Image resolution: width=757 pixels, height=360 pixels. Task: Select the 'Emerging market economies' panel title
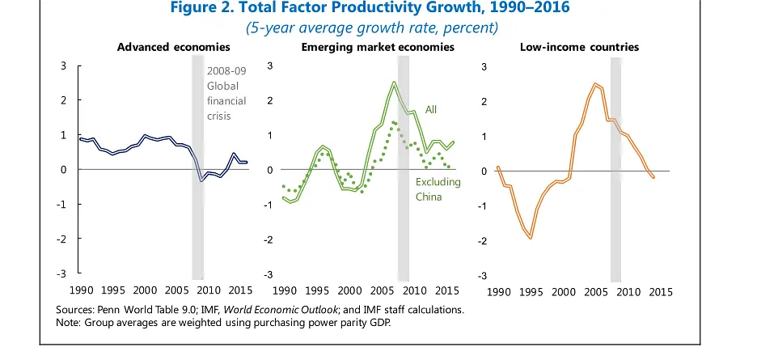378,47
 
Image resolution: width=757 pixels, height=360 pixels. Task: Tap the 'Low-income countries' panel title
579,47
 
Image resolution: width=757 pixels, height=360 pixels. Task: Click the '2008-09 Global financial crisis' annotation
226,93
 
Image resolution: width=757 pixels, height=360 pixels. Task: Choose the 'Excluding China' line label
438,189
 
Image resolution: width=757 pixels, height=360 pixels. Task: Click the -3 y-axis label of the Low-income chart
483,276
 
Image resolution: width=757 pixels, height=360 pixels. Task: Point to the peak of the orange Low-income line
595,83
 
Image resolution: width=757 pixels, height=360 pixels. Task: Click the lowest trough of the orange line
531,238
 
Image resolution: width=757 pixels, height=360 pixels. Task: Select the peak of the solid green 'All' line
394,83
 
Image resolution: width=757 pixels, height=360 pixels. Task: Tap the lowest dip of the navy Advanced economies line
201,180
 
